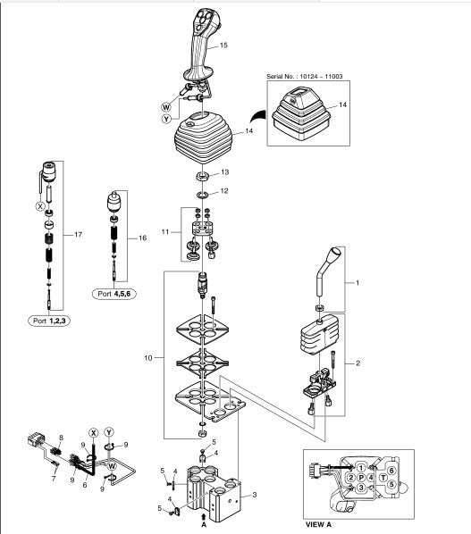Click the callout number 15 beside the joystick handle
223,45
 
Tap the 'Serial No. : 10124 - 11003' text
305,76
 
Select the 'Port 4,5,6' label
114,294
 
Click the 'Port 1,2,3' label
49,321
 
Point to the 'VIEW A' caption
318,524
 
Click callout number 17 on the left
79,234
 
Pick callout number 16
142,238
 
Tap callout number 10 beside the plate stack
148,358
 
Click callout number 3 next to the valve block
254,495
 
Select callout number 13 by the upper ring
225,172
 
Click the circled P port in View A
361,478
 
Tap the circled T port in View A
383,478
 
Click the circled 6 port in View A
391,471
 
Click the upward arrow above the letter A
204,517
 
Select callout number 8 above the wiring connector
62,438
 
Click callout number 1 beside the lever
357,282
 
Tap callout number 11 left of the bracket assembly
165,232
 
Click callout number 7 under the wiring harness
54,479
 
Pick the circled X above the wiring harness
93,433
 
